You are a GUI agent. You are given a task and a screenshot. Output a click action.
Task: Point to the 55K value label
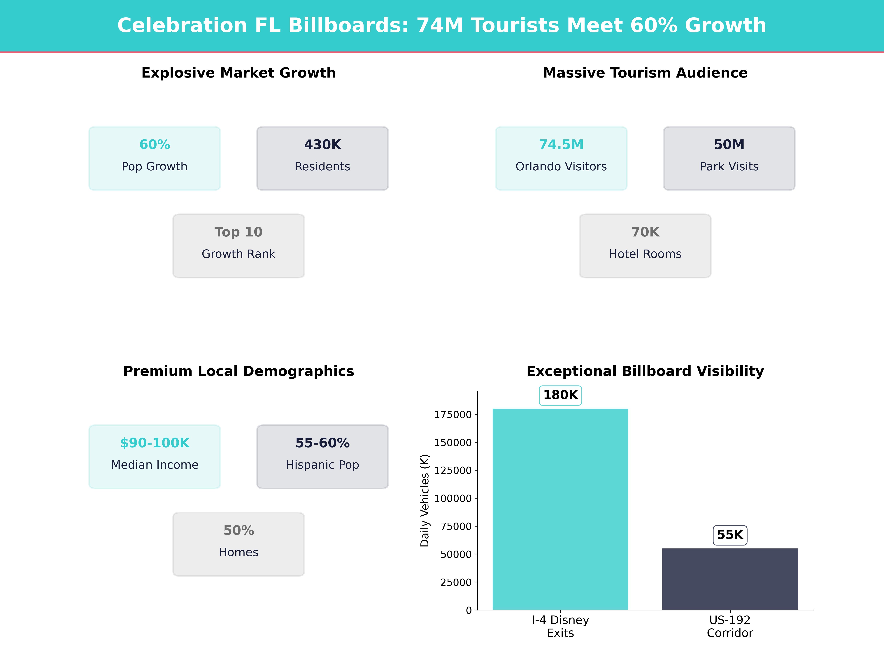coord(730,535)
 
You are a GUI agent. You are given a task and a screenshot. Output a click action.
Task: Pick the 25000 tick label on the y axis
coord(456,582)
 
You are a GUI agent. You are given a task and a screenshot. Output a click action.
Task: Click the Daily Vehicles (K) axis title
coord(425,500)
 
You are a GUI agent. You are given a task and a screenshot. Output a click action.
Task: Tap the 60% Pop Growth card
coord(155,158)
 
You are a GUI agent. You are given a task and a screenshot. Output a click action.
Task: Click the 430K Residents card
coord(322,158)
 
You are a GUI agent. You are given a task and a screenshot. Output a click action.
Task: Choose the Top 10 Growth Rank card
coord(238,246)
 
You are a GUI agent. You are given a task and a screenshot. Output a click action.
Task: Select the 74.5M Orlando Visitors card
coord(561,158)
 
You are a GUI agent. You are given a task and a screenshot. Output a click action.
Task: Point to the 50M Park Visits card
coord(729,158)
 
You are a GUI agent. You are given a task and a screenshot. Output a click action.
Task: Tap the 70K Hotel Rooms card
coord(645,246)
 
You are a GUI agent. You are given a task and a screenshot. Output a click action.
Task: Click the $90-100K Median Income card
coord(155,456)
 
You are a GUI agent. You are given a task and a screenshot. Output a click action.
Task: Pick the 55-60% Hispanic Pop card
coord(322,456)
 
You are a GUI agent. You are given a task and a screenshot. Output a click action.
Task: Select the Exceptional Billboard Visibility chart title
coord(645,371)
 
